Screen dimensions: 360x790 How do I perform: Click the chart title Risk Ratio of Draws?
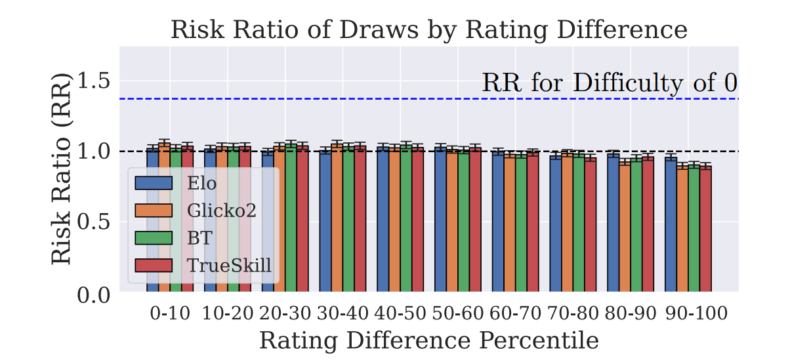(428, 30)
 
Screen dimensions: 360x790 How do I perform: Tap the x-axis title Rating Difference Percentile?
(428, 341)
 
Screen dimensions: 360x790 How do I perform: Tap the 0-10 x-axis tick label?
(170, 313)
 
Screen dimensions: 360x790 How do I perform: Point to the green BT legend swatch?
(154, 238)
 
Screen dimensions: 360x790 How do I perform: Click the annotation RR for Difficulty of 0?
(610, 83)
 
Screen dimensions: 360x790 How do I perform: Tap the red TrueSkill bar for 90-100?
(706, 229)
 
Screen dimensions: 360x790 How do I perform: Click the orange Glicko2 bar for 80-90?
(625, 227)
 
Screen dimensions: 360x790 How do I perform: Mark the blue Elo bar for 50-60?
(441, 219)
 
